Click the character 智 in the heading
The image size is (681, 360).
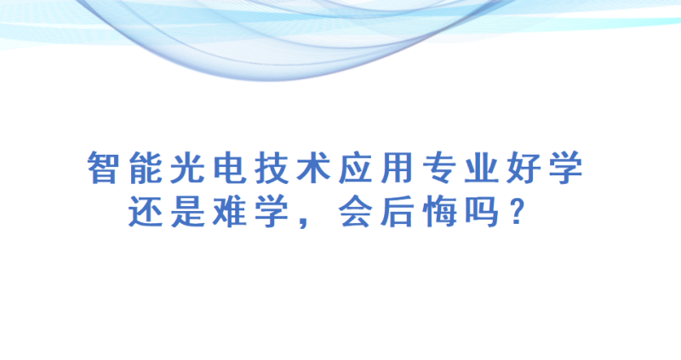pos(103,168)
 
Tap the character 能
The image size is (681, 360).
pos(146,168)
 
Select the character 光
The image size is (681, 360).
pos(187,168)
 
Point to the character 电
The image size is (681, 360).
pos(230,168)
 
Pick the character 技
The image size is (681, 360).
pos(272,168)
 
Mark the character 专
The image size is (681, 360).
pos(439,168)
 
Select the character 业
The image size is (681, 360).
pos(481,168)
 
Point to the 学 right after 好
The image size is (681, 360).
pos(566,168)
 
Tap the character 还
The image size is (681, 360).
pos(146,211)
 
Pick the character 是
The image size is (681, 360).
pos(187,211)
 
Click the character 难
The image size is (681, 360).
pos(230,211)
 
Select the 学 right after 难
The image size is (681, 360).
pos(272,211)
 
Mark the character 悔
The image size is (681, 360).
pos(439,211)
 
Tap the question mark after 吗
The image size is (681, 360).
pos(517,211)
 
